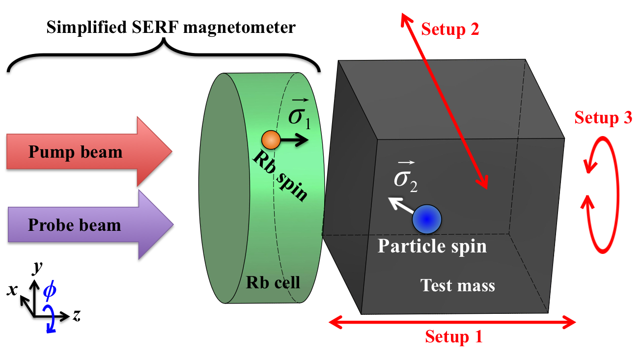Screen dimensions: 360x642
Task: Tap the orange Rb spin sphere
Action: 271,140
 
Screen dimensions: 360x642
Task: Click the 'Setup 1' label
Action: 453,337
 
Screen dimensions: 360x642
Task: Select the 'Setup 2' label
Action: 450,29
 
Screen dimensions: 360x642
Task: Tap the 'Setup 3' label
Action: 603,118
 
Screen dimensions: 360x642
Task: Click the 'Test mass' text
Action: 458,285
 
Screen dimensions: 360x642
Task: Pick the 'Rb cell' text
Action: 273,282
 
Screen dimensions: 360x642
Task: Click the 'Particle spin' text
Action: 432,246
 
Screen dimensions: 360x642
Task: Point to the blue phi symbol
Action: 50,291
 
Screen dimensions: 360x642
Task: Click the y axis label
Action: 36,268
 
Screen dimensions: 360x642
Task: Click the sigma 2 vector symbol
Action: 406,177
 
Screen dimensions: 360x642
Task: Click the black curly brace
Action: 165,59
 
